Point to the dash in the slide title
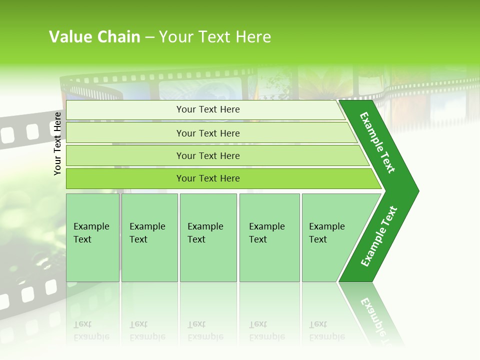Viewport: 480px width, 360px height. pyautogui.click(x=150, y=37)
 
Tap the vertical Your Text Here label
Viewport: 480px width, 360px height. pyautogui.click(x=57, y=143)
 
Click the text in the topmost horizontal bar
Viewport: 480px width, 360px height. pyautogui.click(x=208, y=109)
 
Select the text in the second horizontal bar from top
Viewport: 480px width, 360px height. pyautogui.click(x=208, y=133)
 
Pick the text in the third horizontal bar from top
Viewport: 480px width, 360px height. pyautogui.click(x=208, y=156)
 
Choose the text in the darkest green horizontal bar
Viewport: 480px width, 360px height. pyautogui.click(x=208, y=178)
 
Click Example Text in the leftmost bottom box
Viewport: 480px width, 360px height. pyautogui.click(x=91, y=233)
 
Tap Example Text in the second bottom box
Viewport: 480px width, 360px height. pyautogui.click(x=147, y=233)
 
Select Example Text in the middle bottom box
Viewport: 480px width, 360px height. pyautogui.click(x=205, y=233)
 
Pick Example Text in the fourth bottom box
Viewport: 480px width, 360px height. pyautogui.click(x=266, y=233)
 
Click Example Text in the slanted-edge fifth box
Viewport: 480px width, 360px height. pyautogui.click(x=326, y=233)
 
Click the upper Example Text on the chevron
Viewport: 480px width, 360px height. pyautogui.click(x=377, y=142)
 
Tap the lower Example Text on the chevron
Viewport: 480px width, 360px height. pyautogui.click(x=379, y=236)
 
